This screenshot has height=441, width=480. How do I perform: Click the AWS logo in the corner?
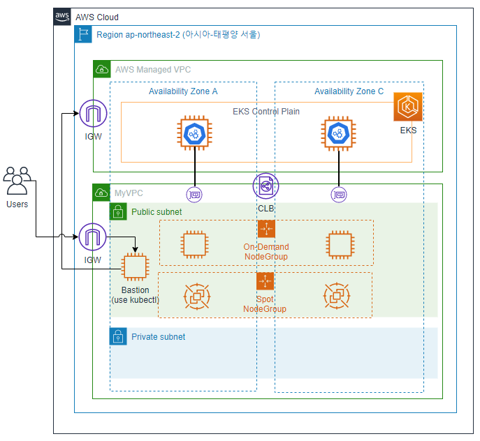62,17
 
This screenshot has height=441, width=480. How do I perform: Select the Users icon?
17,181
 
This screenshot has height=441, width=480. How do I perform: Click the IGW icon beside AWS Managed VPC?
92,114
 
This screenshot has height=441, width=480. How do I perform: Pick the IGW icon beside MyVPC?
92,238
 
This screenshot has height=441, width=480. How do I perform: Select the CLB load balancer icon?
266,186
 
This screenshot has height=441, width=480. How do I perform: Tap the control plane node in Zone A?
194,133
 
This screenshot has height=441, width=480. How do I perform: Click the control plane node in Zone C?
339,133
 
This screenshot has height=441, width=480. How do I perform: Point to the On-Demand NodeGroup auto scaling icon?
266,229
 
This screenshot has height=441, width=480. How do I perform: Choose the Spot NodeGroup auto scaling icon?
266,281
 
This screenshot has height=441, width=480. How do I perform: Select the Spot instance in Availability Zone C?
337,296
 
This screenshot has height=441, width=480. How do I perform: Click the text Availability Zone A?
183,92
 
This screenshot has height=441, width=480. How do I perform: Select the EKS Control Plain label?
266,112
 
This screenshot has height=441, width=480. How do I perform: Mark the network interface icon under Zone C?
339,194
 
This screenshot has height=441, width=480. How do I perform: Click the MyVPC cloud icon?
102,193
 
